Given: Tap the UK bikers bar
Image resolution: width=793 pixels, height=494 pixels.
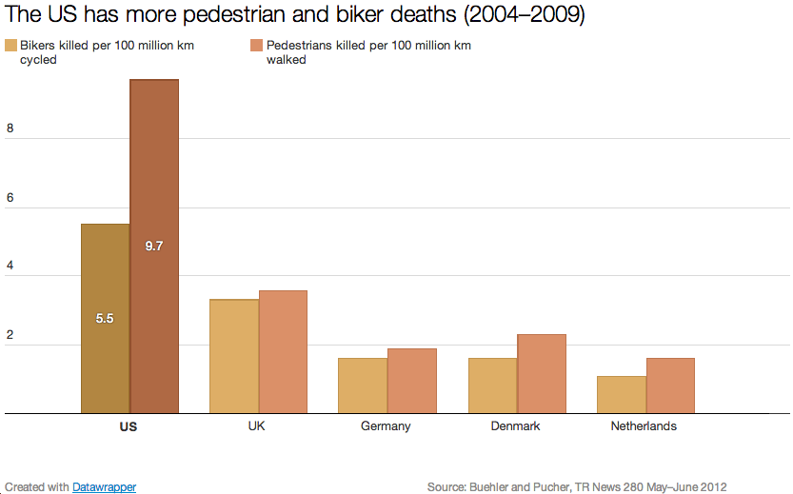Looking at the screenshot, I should click(234, 356).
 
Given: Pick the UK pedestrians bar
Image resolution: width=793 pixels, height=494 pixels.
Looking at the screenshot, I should click(283, 351).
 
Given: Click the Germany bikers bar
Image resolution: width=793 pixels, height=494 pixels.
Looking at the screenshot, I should click(363, 385).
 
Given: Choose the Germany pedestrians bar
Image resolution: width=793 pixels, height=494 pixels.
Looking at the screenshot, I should click(412, 381).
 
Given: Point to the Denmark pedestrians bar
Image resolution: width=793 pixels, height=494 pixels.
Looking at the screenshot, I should click(542, 373).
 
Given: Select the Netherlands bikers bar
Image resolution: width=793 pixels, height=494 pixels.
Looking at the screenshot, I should click(622, 394).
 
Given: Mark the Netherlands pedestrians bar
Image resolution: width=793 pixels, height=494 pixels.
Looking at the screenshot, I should click(670, 385).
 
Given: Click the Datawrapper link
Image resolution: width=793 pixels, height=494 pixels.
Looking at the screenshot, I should click(104, 487).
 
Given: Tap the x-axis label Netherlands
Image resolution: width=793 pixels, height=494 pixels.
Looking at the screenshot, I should click(644, 426).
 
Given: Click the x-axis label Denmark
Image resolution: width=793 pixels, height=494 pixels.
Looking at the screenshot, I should click(515, 426).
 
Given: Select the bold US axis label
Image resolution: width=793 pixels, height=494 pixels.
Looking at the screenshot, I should click(129, 426).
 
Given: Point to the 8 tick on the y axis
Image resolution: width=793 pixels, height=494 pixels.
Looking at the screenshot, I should click(10, 129).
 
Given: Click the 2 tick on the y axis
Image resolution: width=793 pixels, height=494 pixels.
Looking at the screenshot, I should click(10, 336).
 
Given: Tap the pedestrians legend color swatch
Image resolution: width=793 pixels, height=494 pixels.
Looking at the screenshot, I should click(257, 46).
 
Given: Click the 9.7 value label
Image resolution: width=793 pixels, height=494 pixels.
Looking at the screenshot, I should click(154, 246).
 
